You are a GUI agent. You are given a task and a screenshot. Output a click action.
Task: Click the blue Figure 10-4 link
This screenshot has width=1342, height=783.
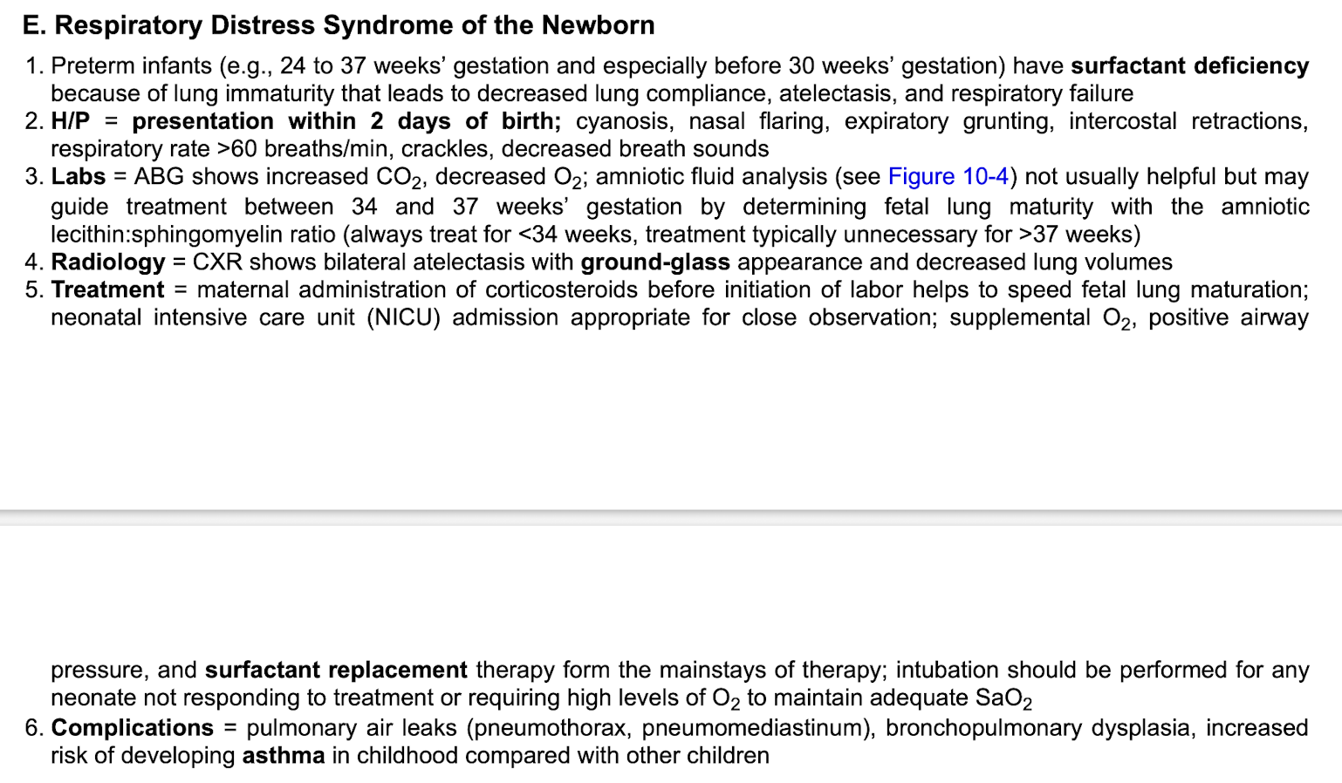pyautogui.click(x=948, y=176)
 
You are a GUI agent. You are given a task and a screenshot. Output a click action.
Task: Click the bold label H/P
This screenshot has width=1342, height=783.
pyautogui.click(x=70, y=121)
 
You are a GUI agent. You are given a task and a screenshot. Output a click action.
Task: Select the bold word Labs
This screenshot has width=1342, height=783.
pyautogui.click(x=78, y=176)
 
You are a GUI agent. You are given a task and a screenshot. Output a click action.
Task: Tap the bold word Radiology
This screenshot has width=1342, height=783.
pyautogui.click(x=107, y=262)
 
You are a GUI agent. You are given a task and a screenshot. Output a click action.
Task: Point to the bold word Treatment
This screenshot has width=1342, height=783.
pyautogui.click(x=107, y=289)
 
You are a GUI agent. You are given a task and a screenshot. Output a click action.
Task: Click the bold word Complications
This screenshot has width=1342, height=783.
pyautogui.click(x=132, y=727)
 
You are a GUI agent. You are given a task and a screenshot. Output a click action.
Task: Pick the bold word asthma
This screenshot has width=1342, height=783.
pyautogui.click(x=283, y=755)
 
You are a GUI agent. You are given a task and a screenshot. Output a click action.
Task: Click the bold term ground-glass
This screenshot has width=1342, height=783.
pyautogui.click(x=654, y=262)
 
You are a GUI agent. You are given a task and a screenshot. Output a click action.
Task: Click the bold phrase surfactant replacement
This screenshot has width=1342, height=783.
pyautogui.click(x=336, y=670)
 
